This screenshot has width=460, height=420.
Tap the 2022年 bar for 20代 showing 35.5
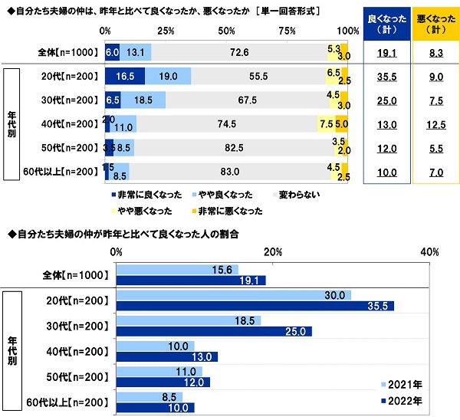tap(255, 306)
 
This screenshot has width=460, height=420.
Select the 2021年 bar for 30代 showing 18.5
tap(189, 320)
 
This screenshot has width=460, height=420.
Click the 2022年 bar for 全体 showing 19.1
tap(191, 281)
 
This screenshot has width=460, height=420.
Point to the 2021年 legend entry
tap(402, 386)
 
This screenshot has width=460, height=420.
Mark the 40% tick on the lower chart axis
tap(429, 251)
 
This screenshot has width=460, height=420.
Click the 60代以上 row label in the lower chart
tap(74, 401)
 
